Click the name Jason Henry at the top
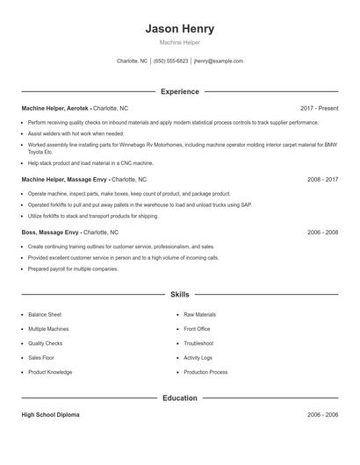pyautogui.click(x=179, y=29)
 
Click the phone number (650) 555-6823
pyautogui.click(x=170, y=61)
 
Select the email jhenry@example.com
pyautogui.click(x=218, y=61)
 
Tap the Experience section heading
pyautogui.click(x=179, y=91)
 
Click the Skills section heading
pyautogui.click(x=179, y=295)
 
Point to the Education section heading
pyautogui.click(x=179, y=397)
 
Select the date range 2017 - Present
pyautogui.click(x=319, y=108)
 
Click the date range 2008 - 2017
pyautogui.click(x=322, y=178)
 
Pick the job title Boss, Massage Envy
pyautogui.click(x=51, y=232)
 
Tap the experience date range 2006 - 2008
pyautogui.click(x=322, y=232)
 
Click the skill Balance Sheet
pyautogui.click(x=45, y=314)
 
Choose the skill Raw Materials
pyautogui.click(x=199, y=314)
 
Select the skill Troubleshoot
pyautogui.click(x=198, y=343)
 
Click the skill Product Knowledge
pyautogui.click(x=50, y=372)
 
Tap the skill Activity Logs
pyautogui.click(x=198, y=358)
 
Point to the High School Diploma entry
pyautogui.click(x=50, y=414)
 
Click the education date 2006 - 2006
pyautogui.click(x=322, y=414)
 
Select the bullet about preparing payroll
pyautogui.click(x=73, y=268)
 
